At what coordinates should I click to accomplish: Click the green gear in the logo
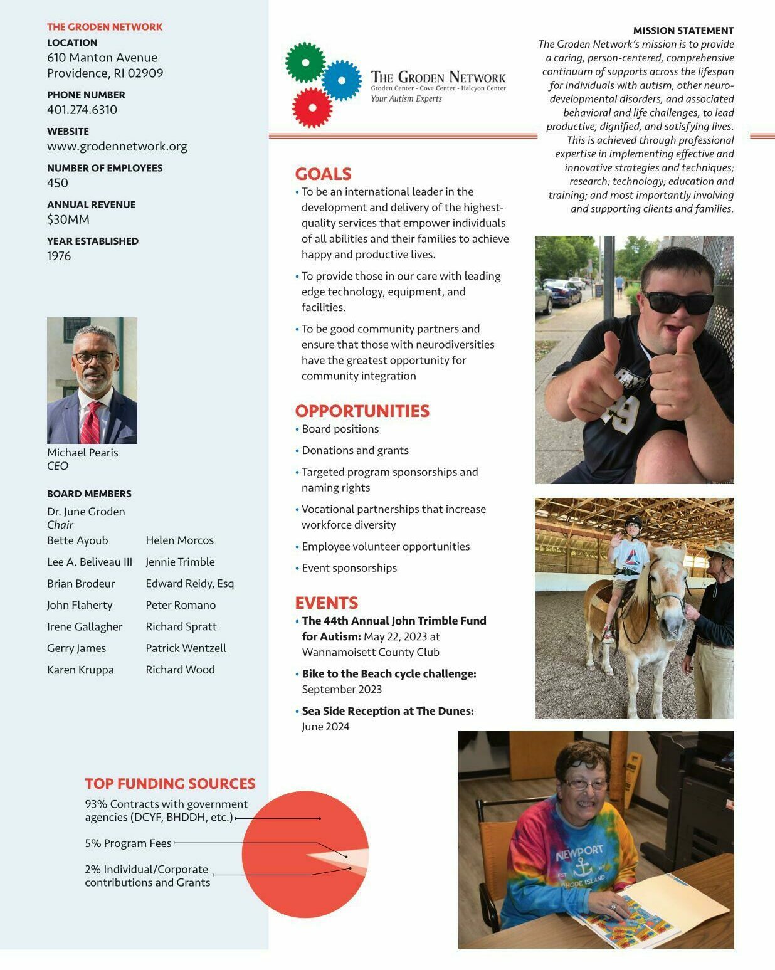[305, 63]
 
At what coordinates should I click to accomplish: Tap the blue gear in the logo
[342, 81]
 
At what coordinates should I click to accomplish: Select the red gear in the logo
[312, 107]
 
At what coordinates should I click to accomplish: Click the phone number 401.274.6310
[82, 110]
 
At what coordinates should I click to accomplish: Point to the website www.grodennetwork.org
[117, 146]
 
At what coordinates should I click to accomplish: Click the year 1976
[59, 256]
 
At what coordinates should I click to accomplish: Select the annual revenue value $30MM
[68, 219]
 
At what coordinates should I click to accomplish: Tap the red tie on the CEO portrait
[90, 423]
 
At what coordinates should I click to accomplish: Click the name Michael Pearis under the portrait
[82, 453]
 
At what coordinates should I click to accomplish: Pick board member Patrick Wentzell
[186, 648]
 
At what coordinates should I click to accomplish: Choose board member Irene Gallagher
[85, 627]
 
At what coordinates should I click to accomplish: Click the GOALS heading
[323, 174]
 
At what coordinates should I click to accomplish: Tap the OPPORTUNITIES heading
[362, 411]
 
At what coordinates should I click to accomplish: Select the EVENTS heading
[326, 603]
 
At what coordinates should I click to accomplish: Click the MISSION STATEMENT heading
[683, 30]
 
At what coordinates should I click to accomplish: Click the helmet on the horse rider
[633, 522]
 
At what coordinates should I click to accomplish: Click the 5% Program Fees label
[128, 843]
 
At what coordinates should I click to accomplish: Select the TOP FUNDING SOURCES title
[170, 783]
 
